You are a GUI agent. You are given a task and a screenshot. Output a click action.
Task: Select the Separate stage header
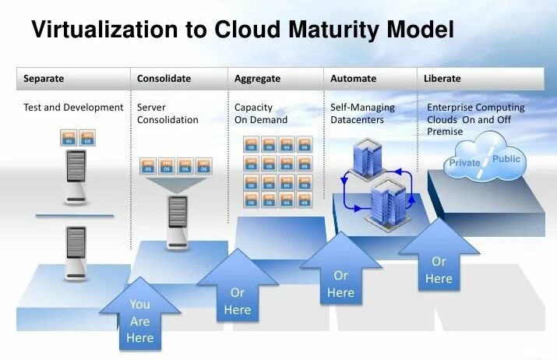[x=44, y=79]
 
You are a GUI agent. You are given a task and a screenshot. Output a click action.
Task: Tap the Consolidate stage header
[x=164, y=79]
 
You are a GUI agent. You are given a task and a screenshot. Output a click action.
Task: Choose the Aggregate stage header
[x=257, y=79]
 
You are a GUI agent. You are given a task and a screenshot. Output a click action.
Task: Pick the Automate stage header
[x=353, y=79]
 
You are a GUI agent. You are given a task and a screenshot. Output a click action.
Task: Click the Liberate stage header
[x=442, y=79]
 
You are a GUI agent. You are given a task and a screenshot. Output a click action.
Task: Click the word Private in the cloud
[x=464, y=163]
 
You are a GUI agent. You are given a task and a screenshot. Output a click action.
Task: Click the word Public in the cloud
[x=506, y=159]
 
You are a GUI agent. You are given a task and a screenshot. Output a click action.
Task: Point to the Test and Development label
[x=74, y=108]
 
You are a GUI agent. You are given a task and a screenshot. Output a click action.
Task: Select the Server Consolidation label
[x=167, y=114]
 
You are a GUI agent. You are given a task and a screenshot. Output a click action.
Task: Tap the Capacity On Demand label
[x=261, y=114]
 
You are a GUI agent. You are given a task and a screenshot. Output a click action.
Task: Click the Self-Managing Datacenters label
[x=362, y=114]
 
